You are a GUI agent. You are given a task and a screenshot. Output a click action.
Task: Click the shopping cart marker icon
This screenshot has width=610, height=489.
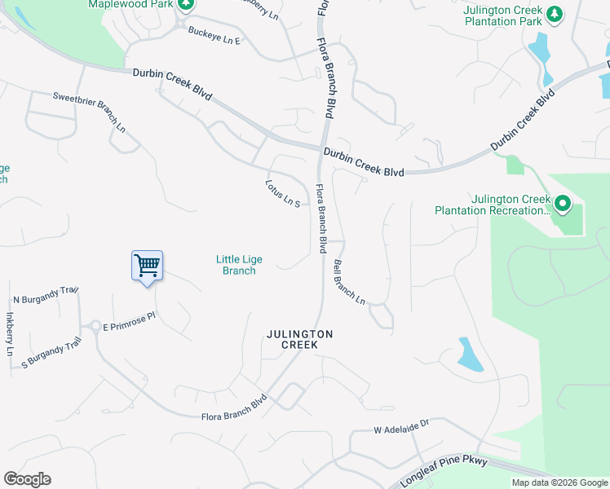(147, 265)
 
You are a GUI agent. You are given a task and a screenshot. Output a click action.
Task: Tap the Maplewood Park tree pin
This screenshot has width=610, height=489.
(186, 5)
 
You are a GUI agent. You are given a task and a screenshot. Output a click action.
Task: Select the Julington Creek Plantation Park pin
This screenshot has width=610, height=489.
(555, 14)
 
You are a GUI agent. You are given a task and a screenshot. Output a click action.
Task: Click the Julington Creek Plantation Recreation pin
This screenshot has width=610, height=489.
(561, 204)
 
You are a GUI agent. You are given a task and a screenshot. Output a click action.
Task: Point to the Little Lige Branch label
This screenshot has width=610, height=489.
(239, 265)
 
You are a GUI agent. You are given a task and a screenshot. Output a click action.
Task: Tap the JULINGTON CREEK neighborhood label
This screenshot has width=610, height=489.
(299, 340)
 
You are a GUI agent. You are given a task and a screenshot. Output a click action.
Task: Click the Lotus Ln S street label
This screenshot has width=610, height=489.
(284, 192)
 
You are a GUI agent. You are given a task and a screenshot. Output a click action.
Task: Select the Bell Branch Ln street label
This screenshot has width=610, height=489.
(349, 282)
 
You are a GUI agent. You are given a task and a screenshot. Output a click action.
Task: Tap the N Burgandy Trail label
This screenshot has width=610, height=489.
(45, 290)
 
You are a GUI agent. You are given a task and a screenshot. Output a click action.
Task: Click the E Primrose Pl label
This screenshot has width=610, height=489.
(128, 326)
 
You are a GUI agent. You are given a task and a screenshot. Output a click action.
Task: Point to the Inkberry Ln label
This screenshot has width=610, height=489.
(10, 334)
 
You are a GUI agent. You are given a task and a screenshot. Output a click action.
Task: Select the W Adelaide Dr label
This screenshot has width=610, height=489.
(401, 427)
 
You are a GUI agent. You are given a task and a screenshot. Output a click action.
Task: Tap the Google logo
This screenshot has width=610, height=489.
(27, 479)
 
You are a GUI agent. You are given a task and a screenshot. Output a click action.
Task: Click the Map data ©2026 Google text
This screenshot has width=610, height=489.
(559, 482)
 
